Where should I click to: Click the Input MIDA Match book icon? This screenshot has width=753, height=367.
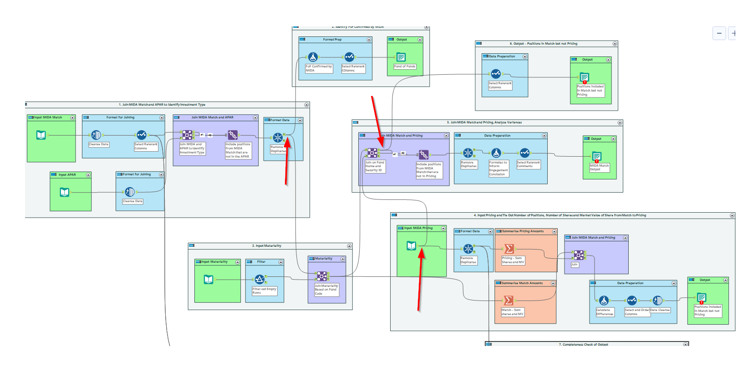pyautogui.click(x=41, y=135)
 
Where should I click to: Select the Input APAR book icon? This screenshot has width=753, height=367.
pyautogui.click(x=65, y=192)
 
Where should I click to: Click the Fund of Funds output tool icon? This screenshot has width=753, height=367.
pyautogui.click(x=401, y=57)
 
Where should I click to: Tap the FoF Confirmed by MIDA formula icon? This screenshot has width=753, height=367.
pyautogui.click(x=313, y=57)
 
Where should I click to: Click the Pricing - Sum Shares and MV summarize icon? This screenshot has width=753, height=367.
pyautogui.click(x=509, y=249)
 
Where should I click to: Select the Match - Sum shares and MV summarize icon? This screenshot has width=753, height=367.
pyautogui.click(x=509, y=301)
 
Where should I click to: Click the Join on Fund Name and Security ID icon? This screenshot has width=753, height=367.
pyautogui.click(x=372, y=153)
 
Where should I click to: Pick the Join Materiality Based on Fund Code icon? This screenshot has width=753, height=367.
pyautogui.click(x=322, y=276)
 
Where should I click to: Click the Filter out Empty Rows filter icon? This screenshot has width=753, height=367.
pyautogui.click(x=259, y=279)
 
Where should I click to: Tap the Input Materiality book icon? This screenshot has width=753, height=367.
pyautogui.click(x=209, y=279)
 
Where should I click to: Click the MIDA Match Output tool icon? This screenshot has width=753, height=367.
pyautogui.click(x=596, y=156)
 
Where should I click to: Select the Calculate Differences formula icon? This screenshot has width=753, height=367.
pyautogui.click(x=604, y=301)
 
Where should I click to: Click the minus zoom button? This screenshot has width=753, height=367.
pyautogui.click(x=719, y=33)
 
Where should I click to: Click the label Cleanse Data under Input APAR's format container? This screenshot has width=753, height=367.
pyautogui.click(x=132, y=201)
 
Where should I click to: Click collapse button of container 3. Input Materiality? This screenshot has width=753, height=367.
pyautogui.click(x=349, y=246)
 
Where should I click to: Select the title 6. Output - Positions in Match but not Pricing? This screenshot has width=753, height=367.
pyautogui.click(x=545, y=44)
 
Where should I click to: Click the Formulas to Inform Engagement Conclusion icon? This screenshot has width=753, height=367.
pyautogui.click(x=496, y=153)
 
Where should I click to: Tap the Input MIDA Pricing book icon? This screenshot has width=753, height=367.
pyautogui.click(x=412, y=246)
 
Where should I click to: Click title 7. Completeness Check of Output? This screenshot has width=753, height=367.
pyautogui.click(x=583, y=345)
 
